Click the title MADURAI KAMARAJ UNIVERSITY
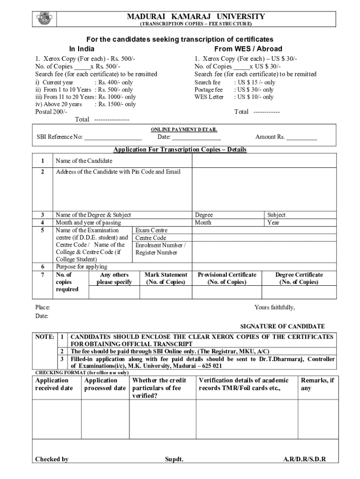pyautogui.click(x=196, y=16)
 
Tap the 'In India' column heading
pyautogui.click(x=82, y=49)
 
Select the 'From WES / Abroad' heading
pyautogui.click(x=248, y=49)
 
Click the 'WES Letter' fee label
pyautogui.click(x=209, y=97)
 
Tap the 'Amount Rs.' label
pyautogui.click(x=270, y=137)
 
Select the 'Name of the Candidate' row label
pyautogui.click(x=84, y=161)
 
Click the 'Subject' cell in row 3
pyautogui.click(x=276, y=215)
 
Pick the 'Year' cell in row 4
pyautogui.click(x=273, y=223)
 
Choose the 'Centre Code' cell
pyautogui.click(x=151, y=238)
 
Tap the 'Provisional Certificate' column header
pyautogui.click(x=227, y=278)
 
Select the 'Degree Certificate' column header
pyautogui.click(x=299, y=278)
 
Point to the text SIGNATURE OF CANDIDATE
pyautogui.click(x=282, y=327)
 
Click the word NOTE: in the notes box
pyautogui.click(x=44, y=337)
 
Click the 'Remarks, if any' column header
pyautogui.click(x=317, y=384)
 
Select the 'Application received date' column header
pyautogui.click(x=54, y=384)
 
